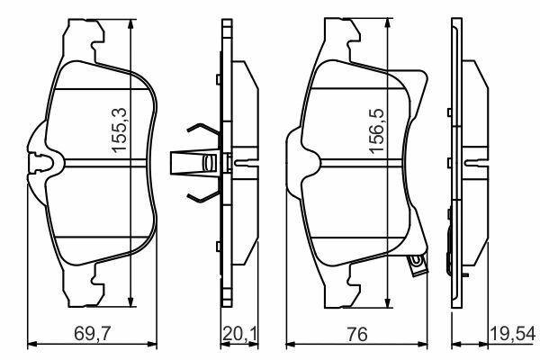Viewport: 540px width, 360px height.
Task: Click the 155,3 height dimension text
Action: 120,130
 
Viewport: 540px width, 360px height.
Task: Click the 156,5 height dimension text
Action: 376,130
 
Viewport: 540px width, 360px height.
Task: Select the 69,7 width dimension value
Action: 92,334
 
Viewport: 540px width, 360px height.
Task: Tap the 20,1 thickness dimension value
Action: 239,334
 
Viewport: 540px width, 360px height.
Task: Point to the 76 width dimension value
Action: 357,334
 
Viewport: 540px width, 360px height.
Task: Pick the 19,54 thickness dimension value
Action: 513,334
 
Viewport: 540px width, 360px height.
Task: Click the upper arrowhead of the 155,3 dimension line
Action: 130,25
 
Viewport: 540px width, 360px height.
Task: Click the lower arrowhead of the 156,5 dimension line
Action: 388,301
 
